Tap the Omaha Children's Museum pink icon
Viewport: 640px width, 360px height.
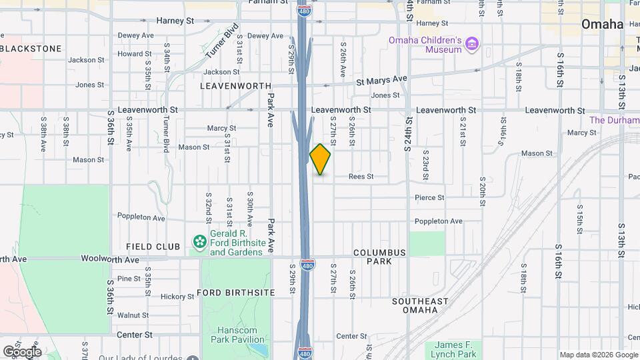point(473,45)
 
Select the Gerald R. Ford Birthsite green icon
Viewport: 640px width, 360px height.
point(199,241)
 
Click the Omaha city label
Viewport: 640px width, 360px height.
point(602,25)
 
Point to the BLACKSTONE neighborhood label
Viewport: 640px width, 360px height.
point(31,49)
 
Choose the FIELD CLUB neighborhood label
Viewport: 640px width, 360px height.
point(153,247)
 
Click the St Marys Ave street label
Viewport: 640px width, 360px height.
point(381,79)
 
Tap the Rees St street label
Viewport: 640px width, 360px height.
point(361,177)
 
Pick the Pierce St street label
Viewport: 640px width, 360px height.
point(429,197)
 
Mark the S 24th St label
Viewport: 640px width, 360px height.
point(409,133)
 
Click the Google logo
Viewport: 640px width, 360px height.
point(21,351)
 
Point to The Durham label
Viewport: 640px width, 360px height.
point(614,120)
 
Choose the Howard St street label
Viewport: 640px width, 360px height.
point(131,54)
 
